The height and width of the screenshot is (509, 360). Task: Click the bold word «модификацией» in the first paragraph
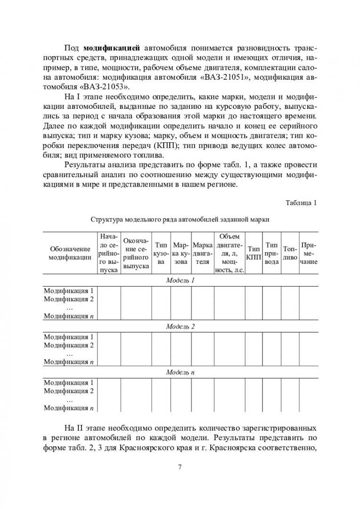[112, 49]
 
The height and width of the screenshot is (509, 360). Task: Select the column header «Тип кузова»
[161, 253]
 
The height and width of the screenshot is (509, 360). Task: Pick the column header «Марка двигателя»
[202, 253]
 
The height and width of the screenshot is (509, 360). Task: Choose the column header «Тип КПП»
[254, 253]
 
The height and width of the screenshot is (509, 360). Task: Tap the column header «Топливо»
[289, 253]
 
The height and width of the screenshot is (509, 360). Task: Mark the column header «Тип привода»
[271, 253]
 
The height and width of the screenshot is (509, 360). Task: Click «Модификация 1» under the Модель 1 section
[69, 291]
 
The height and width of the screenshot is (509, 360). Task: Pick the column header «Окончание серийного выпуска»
[136, 253]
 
